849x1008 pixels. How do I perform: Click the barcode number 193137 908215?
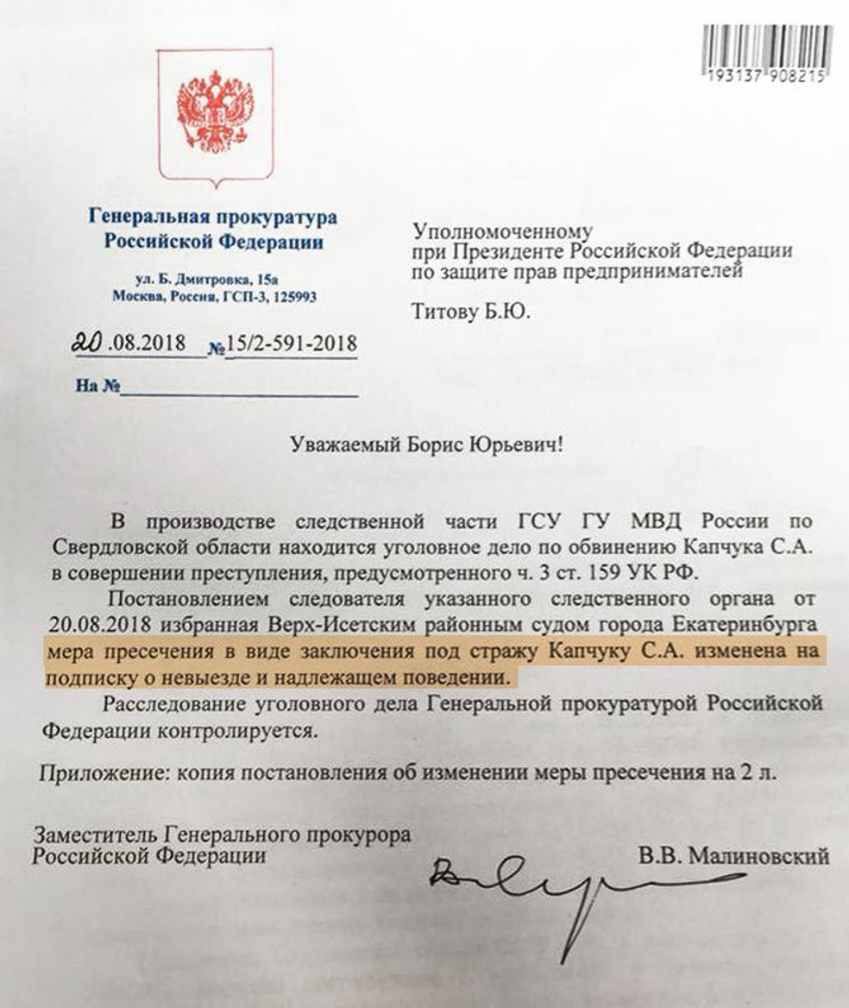click(x=765, y=76)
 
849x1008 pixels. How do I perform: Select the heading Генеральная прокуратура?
click(x=212, y=217)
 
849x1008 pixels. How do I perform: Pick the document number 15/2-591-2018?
click(x=291, y=343)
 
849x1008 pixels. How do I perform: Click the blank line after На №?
click(x=239, y=389)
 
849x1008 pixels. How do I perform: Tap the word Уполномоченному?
click(x=502, y=230)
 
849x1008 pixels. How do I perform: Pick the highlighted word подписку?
click(x=88, y=676)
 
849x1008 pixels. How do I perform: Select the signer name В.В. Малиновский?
click(x=733, y=856)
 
